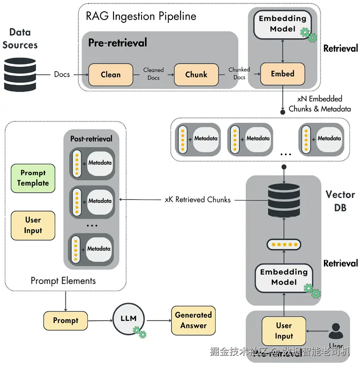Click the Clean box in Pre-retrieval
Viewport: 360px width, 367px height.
pos(111,75)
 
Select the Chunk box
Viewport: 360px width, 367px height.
pos(196,75)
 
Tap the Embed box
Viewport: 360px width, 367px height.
pos(283,74)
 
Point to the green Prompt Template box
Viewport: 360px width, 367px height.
pos(33,178)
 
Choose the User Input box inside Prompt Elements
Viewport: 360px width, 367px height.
pos(33,226)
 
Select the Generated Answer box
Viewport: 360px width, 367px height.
pos(193,320)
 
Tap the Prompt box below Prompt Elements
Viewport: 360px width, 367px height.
pos(65,320)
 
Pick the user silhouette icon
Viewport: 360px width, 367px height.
pos(336,331)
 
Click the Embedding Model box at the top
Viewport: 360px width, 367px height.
pos(283,24)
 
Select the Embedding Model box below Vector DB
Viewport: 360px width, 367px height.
pos(283,277)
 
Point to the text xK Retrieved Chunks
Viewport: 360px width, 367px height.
pos(198,200)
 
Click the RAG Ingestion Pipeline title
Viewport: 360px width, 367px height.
pos(141,17)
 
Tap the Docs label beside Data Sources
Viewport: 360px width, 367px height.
pos(62,74)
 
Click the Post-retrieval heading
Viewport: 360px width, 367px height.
pos(91,139)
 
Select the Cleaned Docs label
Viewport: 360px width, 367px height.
pos(154,74)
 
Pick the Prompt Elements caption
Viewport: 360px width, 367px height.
pos(63,281)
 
